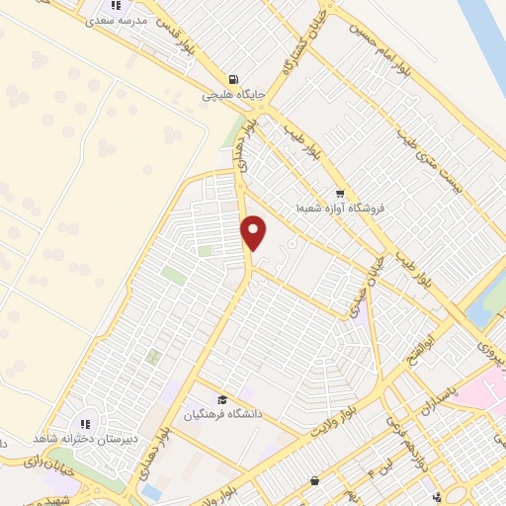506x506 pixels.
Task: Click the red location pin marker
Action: pyautogui.click(x=254, y=232)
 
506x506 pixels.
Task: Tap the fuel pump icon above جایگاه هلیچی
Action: pyautogui.click(x=232, y=80)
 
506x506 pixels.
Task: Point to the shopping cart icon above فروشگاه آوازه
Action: pyautogui.click(x=340, y=194)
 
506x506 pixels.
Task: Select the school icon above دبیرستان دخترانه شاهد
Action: pyautogui.click(x=84, y=424)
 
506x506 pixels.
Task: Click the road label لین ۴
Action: pyautogui.click(x=379, y=464)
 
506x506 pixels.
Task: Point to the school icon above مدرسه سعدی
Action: pyautogui.click(x=116, y=6)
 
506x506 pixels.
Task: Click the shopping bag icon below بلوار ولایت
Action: pyautogui.click(x=314, y=481)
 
